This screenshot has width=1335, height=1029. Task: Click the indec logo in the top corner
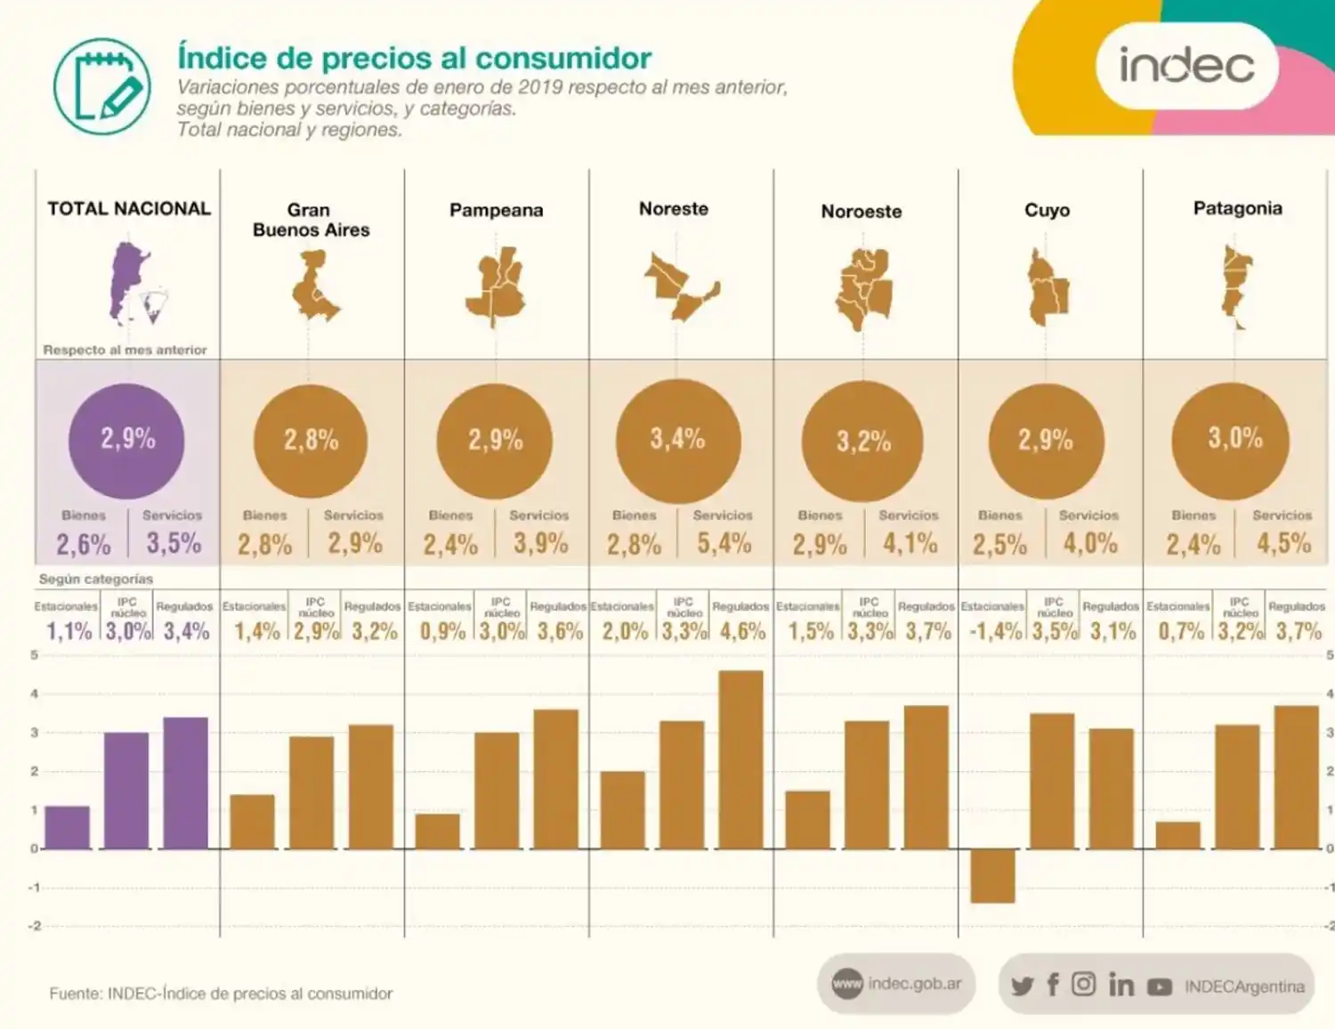coord(1186,66)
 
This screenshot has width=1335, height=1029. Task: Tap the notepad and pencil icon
coord(101,86)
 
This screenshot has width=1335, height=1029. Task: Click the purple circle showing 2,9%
coord(127,440)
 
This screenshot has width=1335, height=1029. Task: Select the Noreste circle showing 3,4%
coord(677,440)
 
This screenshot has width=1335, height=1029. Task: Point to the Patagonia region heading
coord(1237,208)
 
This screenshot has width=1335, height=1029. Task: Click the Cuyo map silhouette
coord(1047,288)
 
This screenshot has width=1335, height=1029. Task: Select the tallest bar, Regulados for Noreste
coord(740,759)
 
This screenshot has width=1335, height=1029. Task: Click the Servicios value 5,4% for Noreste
coord(724,543)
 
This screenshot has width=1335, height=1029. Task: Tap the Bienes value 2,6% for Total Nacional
coord(84,544)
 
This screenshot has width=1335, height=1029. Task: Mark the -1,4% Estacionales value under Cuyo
coord(995,631)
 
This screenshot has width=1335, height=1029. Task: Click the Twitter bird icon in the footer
coord(1023,985)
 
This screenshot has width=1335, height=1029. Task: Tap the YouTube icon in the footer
coord(1159,986)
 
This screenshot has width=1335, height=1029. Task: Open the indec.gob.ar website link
coord(897,984)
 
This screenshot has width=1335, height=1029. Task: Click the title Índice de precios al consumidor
coord(414,58)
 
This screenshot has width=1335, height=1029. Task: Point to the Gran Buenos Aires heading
coord(310,220)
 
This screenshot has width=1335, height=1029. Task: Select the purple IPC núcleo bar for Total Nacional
coord(126,790)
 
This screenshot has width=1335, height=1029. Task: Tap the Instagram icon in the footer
coord(1083,984)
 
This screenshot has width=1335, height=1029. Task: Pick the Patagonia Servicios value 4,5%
coord(1283,543)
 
